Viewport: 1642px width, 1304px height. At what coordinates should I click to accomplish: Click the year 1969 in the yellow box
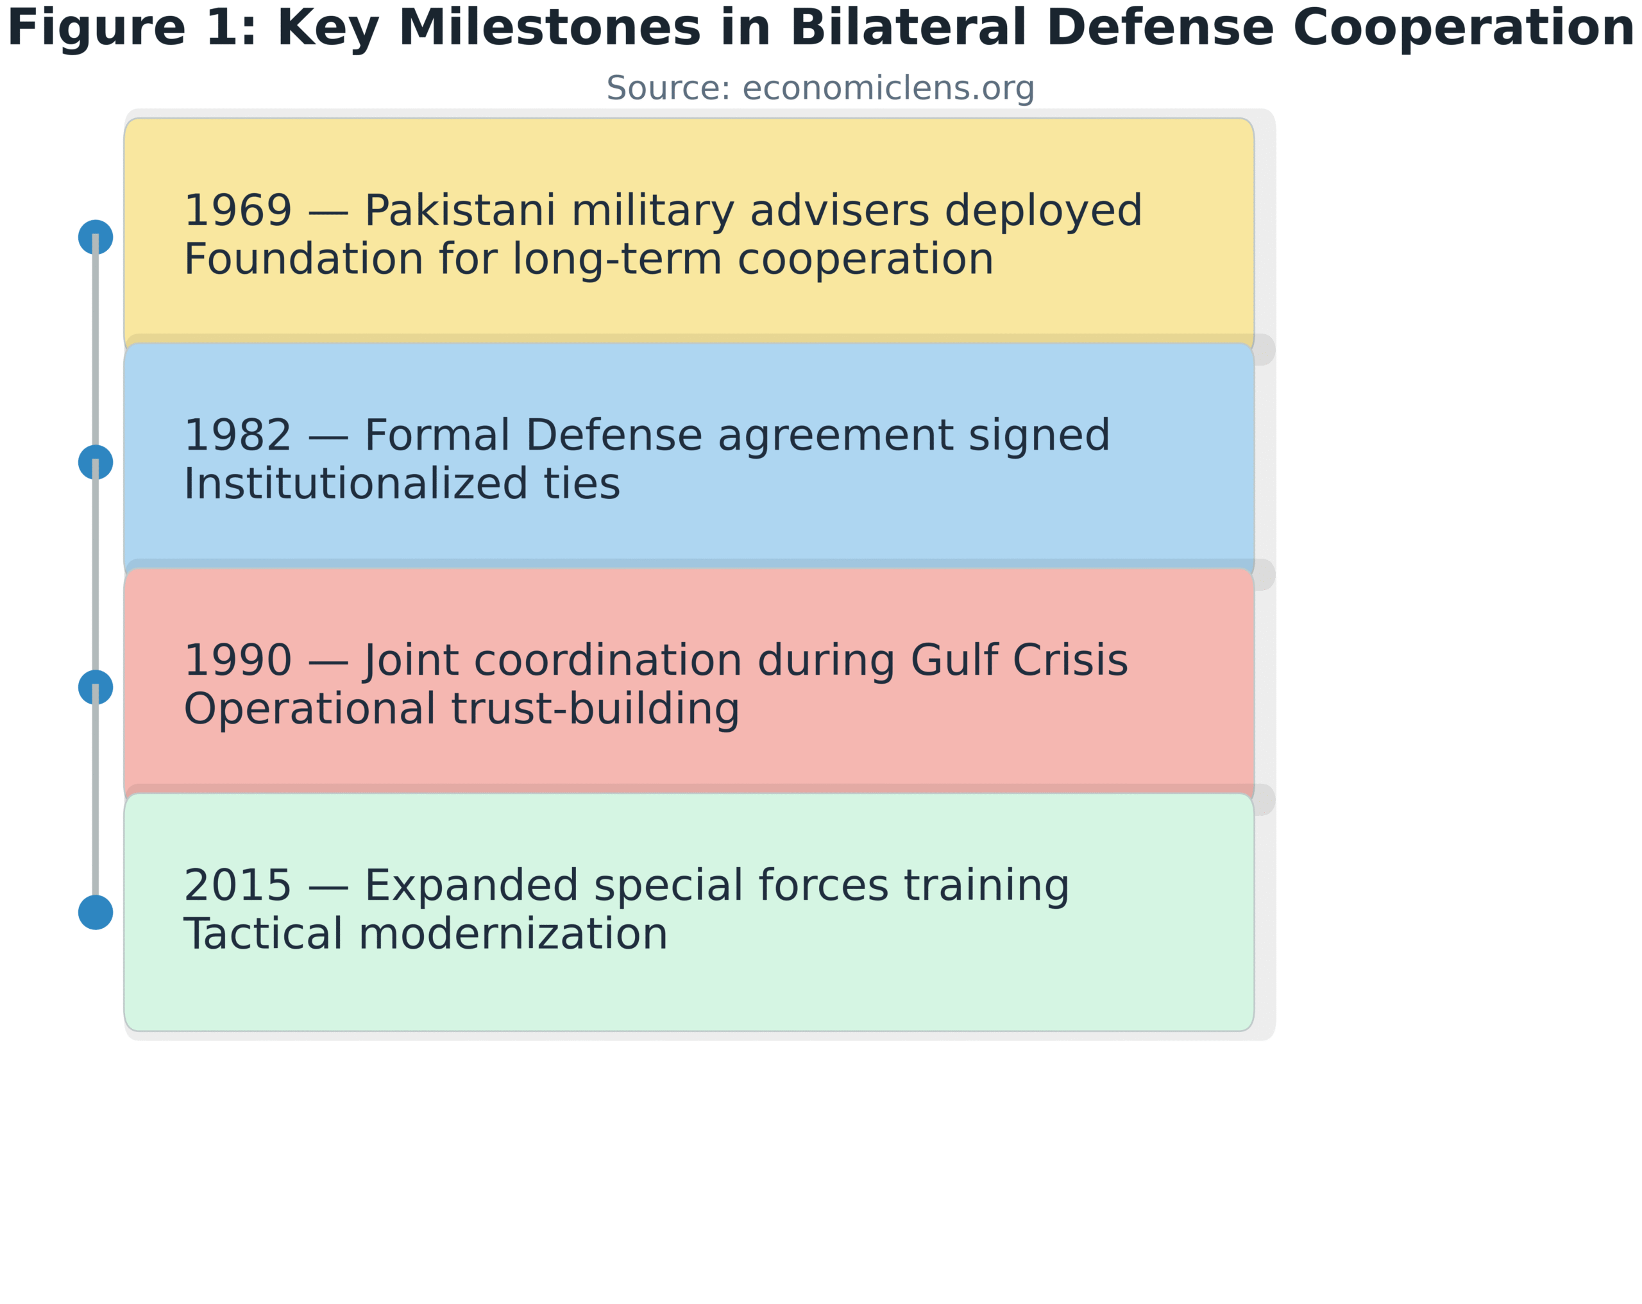click(237, 211)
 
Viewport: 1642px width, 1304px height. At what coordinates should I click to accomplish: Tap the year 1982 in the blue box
click(237, 436)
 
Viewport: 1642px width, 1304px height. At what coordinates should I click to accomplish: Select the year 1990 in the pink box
click(237, 661)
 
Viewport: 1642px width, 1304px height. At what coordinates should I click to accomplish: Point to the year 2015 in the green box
click(237, 886)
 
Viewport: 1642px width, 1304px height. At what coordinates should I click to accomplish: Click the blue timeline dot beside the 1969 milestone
click(95, 237)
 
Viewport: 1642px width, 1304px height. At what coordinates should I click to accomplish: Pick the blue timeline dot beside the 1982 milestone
click(95, 462)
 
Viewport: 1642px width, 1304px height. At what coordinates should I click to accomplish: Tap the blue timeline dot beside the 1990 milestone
click(95, 687)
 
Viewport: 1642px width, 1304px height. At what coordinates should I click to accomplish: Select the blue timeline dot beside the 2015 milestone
click(95, 913)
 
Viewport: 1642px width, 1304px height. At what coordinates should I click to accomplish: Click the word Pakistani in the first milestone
click(459, 211)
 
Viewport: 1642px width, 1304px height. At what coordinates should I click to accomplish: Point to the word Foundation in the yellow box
click(303, 260)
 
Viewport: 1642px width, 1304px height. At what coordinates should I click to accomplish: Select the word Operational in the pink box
click(309, 709)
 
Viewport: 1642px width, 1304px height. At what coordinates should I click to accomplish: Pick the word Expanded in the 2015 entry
click(471, 886)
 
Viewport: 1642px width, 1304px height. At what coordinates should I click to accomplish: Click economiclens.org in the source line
click(888, 89)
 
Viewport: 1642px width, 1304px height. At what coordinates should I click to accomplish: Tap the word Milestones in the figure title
click(549, 29)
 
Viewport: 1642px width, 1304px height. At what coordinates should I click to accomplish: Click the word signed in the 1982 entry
click(1038, 436)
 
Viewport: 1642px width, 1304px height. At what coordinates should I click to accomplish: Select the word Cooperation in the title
click(1463, 29)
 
